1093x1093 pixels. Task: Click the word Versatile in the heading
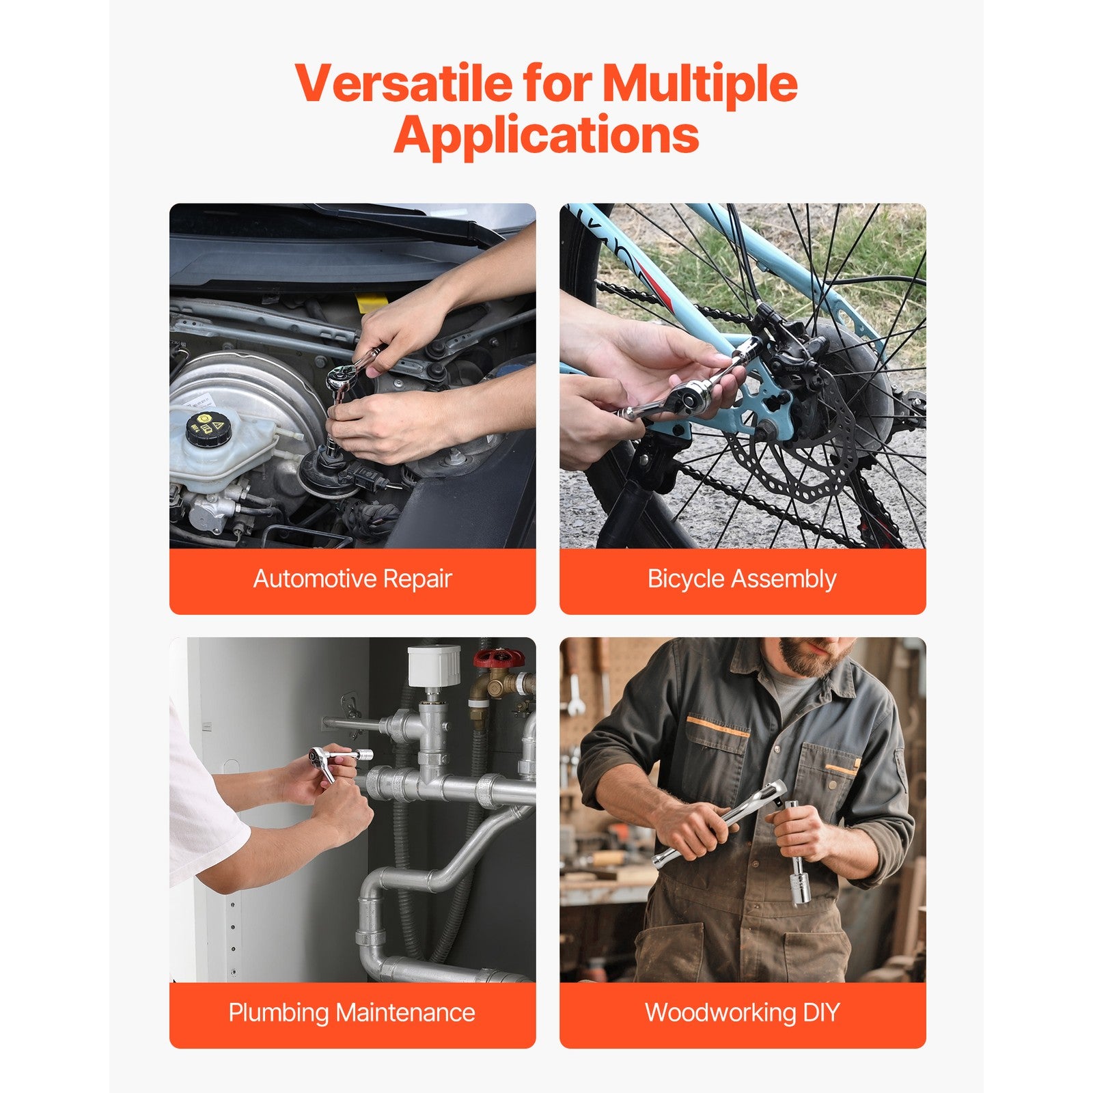click(404, 83)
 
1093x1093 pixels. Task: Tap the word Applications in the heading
click(546, 135)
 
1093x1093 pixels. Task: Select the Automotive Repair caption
click(352, 579)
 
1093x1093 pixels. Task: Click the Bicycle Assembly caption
click(742, 579)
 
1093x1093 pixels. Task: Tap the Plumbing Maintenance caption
click(352, 1012)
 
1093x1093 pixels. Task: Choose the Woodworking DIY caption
click(742, 1012)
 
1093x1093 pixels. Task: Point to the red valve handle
click(499, 659)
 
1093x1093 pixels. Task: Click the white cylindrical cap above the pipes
click(433, 667)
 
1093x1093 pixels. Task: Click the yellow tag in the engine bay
click(372, 303)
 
